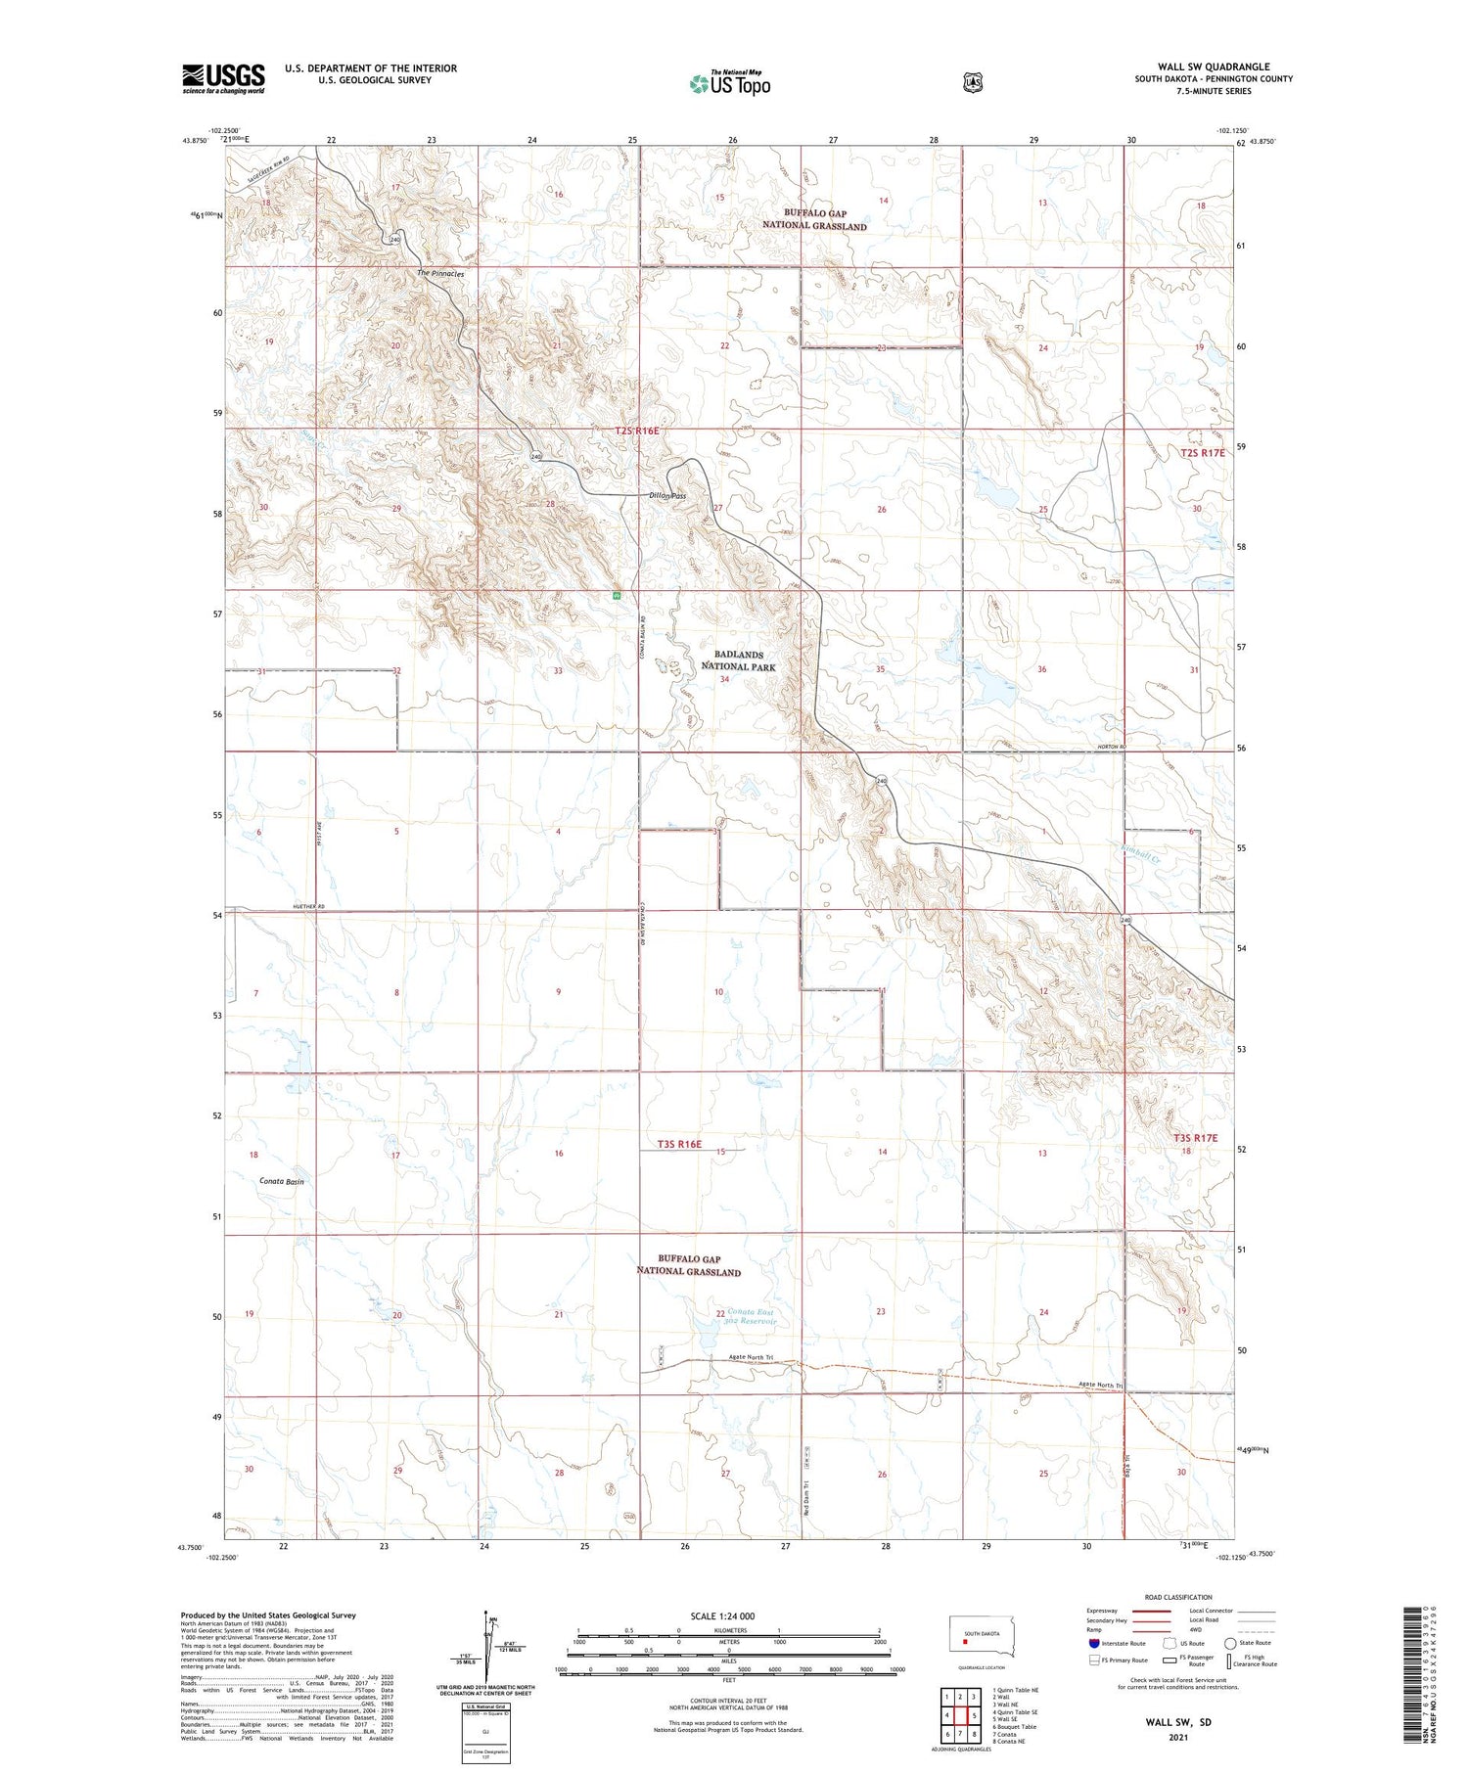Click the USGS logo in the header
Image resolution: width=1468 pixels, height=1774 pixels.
coord(223,78)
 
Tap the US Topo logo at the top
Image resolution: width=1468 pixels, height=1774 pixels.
coord(729,83)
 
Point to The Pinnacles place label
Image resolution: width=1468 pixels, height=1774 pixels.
coord(440,274)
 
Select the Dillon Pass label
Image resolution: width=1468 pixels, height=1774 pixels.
coord(667,496)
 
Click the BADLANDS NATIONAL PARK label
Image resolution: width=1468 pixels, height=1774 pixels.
coord(738,660)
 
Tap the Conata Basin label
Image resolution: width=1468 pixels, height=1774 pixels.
coord(282,1181)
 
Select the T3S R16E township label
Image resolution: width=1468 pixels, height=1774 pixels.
coord(679,1144)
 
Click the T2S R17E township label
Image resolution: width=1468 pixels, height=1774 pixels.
coord(1202,453)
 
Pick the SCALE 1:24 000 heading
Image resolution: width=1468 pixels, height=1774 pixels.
coord(722,1616)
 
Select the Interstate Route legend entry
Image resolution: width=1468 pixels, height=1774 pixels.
coord(1121,1643)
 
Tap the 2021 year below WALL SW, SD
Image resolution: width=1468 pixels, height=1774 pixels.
coord(1179,1738)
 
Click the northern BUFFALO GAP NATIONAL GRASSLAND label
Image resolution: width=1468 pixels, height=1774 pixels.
coord(814,219)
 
